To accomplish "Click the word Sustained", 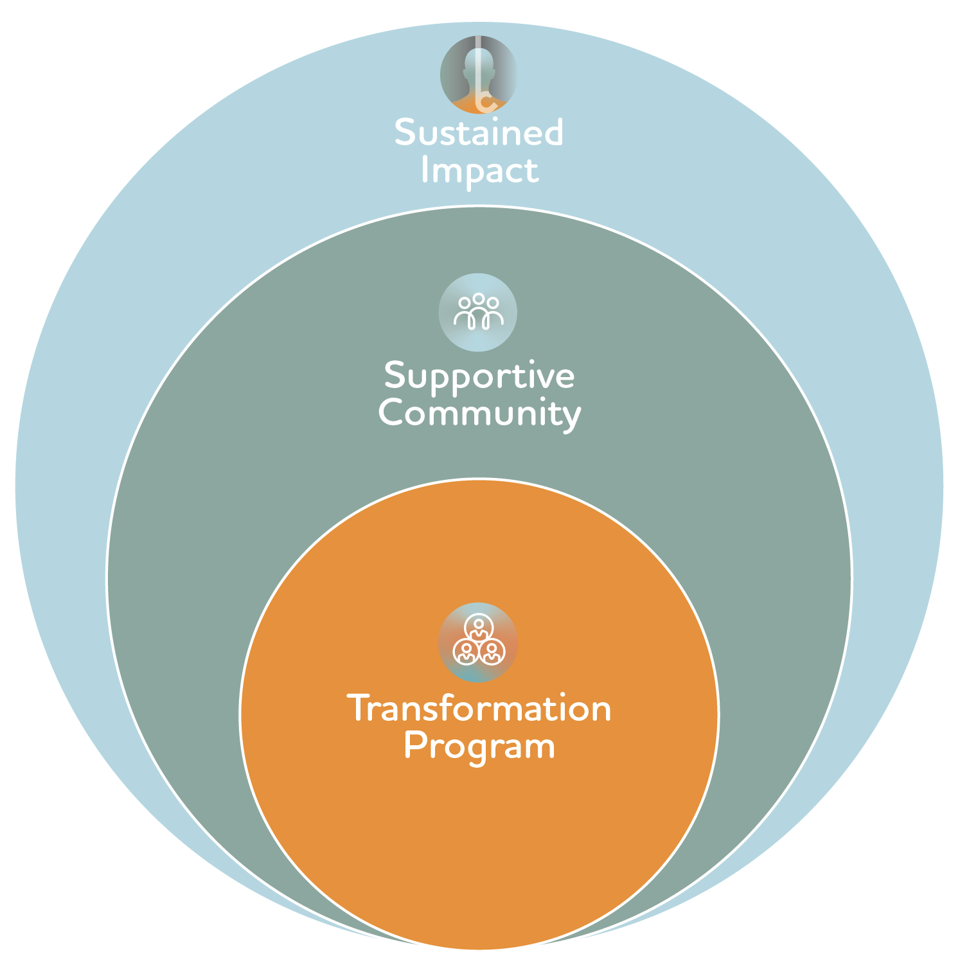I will click(x=479, y=132).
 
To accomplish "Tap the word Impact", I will click(x=479, y=171).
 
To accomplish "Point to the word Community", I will click(x=479, y=413).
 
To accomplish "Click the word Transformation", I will click(x=479, y=709).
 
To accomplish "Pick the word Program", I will click(x=479, y=747).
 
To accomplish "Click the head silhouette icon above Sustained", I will click(x=478, y=75).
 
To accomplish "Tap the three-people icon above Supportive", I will click(x=478, y=312).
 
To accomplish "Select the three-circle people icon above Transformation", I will click(x=478, y=642).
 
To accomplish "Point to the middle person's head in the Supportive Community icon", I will click(x=478, y=299).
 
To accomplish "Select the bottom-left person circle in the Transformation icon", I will click(x=466, y=652).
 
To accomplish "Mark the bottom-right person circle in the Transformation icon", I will click(x=492, y=652).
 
